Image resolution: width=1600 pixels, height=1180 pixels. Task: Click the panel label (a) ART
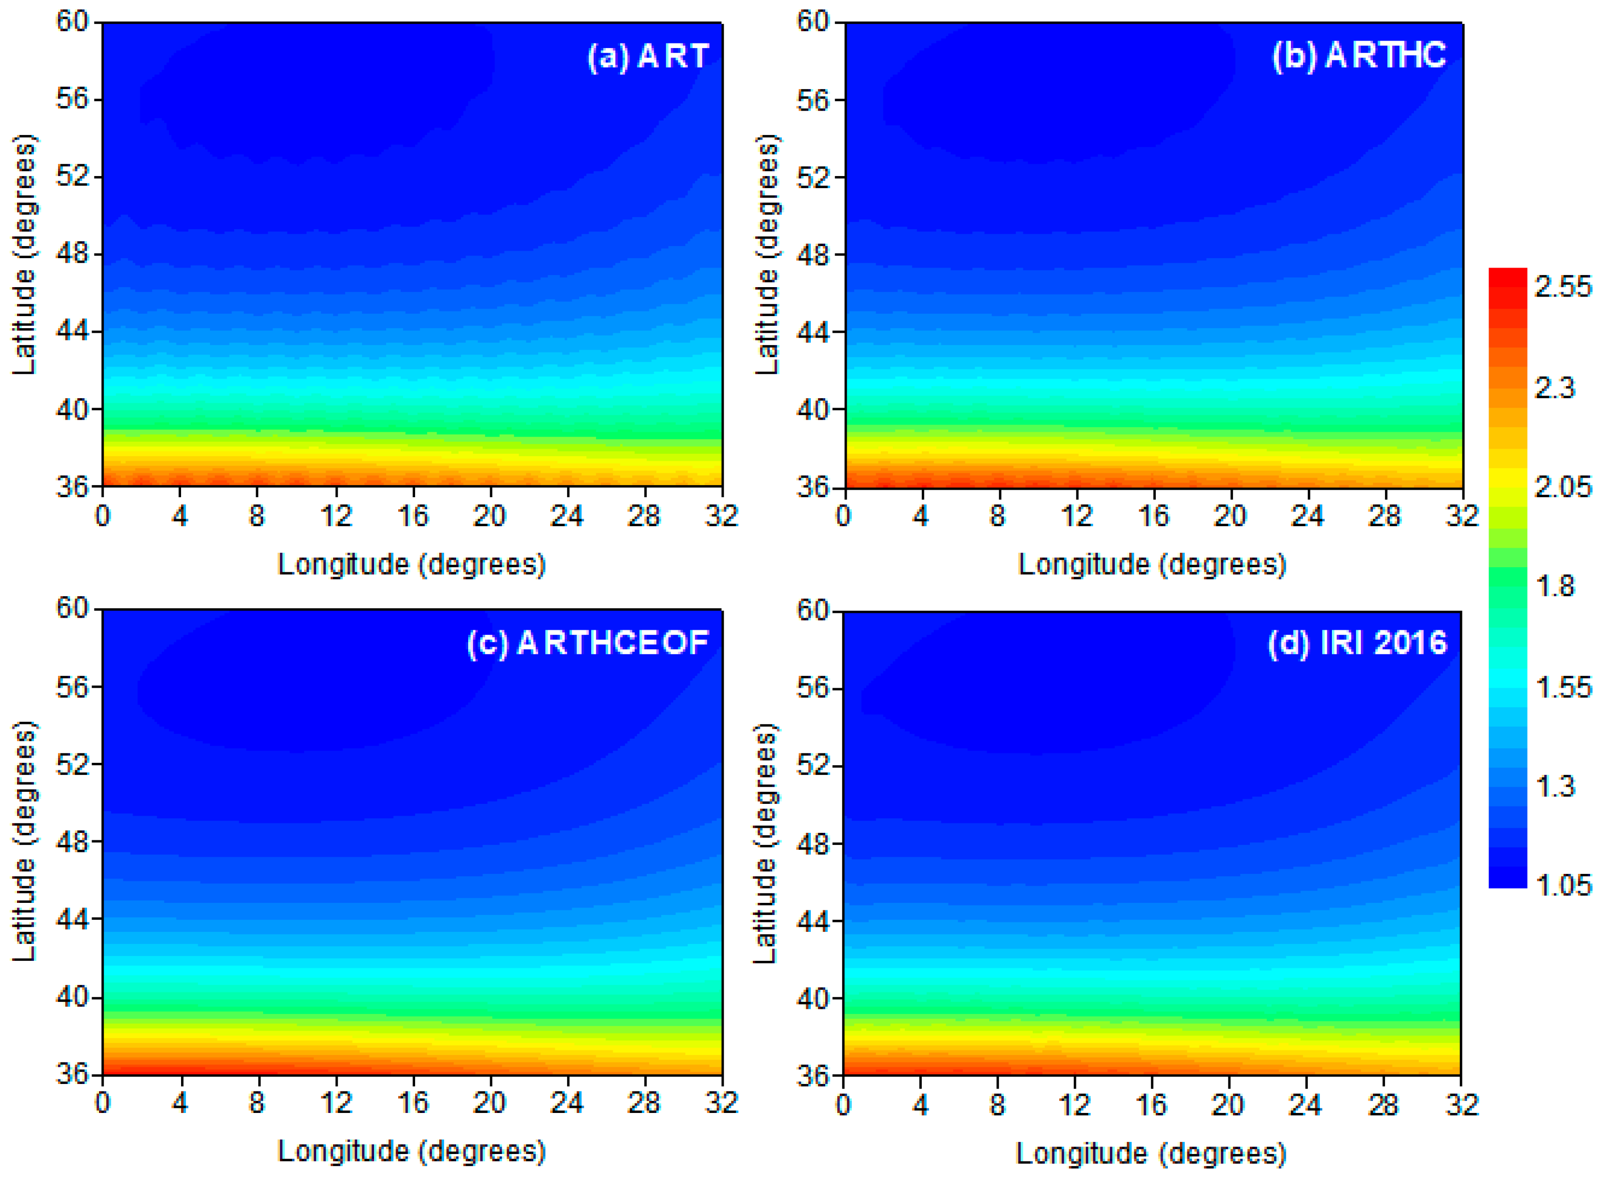pyautogui.click(x=648, y=57)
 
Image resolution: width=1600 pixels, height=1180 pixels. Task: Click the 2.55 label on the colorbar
pyautogui.click(x=1563, y=287)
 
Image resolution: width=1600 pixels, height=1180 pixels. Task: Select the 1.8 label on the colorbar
pyautogui.click(x=1554, y=586)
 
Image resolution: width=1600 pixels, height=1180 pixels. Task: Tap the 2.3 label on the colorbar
pyautogui.click(x=1554, y=388)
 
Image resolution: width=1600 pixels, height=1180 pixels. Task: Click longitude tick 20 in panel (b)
pyautogui.click(x=1229, y=516)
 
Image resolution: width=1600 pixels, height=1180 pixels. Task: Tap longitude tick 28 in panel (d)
pyautogui.click(x=1383, y=1104)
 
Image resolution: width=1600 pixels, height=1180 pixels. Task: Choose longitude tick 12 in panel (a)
pyautogui.click(x=336, y=516)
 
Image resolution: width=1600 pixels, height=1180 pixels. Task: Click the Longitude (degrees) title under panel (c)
pyautogui.click(x=412, y=1150)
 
